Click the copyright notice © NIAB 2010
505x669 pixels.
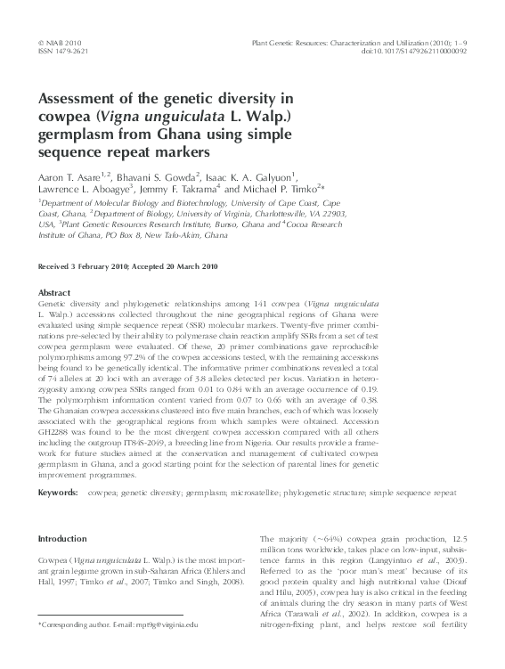[x=61, y=42]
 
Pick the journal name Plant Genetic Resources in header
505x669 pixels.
[x=297, y=42]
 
